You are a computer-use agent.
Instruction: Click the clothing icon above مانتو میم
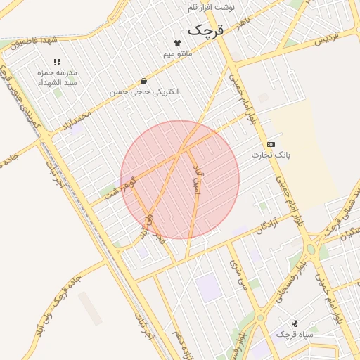(x=177, y=43)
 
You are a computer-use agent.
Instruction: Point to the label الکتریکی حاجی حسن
(x=144, y=91)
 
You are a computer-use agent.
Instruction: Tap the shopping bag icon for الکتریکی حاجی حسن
(x=144, y=81)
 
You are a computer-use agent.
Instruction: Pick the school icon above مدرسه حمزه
(x=57, y=62)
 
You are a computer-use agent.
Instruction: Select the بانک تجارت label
(x=271, y=153)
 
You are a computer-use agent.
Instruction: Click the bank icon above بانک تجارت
(x=271, y=143)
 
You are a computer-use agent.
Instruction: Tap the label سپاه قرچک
(x=294, y=334)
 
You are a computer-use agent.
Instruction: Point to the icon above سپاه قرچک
(x=295, y=323)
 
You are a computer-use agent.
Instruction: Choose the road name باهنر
(x=243, y=25)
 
